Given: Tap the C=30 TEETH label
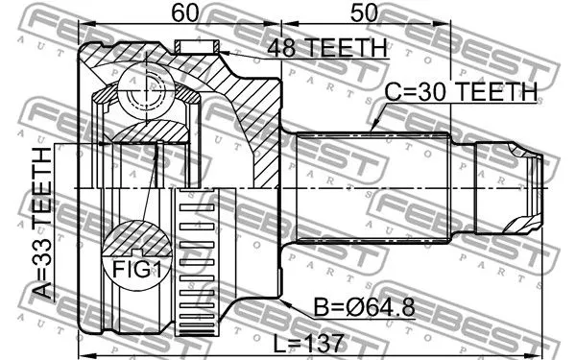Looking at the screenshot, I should [x=461, y=91].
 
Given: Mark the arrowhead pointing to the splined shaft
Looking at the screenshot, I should [x=375, y=128].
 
